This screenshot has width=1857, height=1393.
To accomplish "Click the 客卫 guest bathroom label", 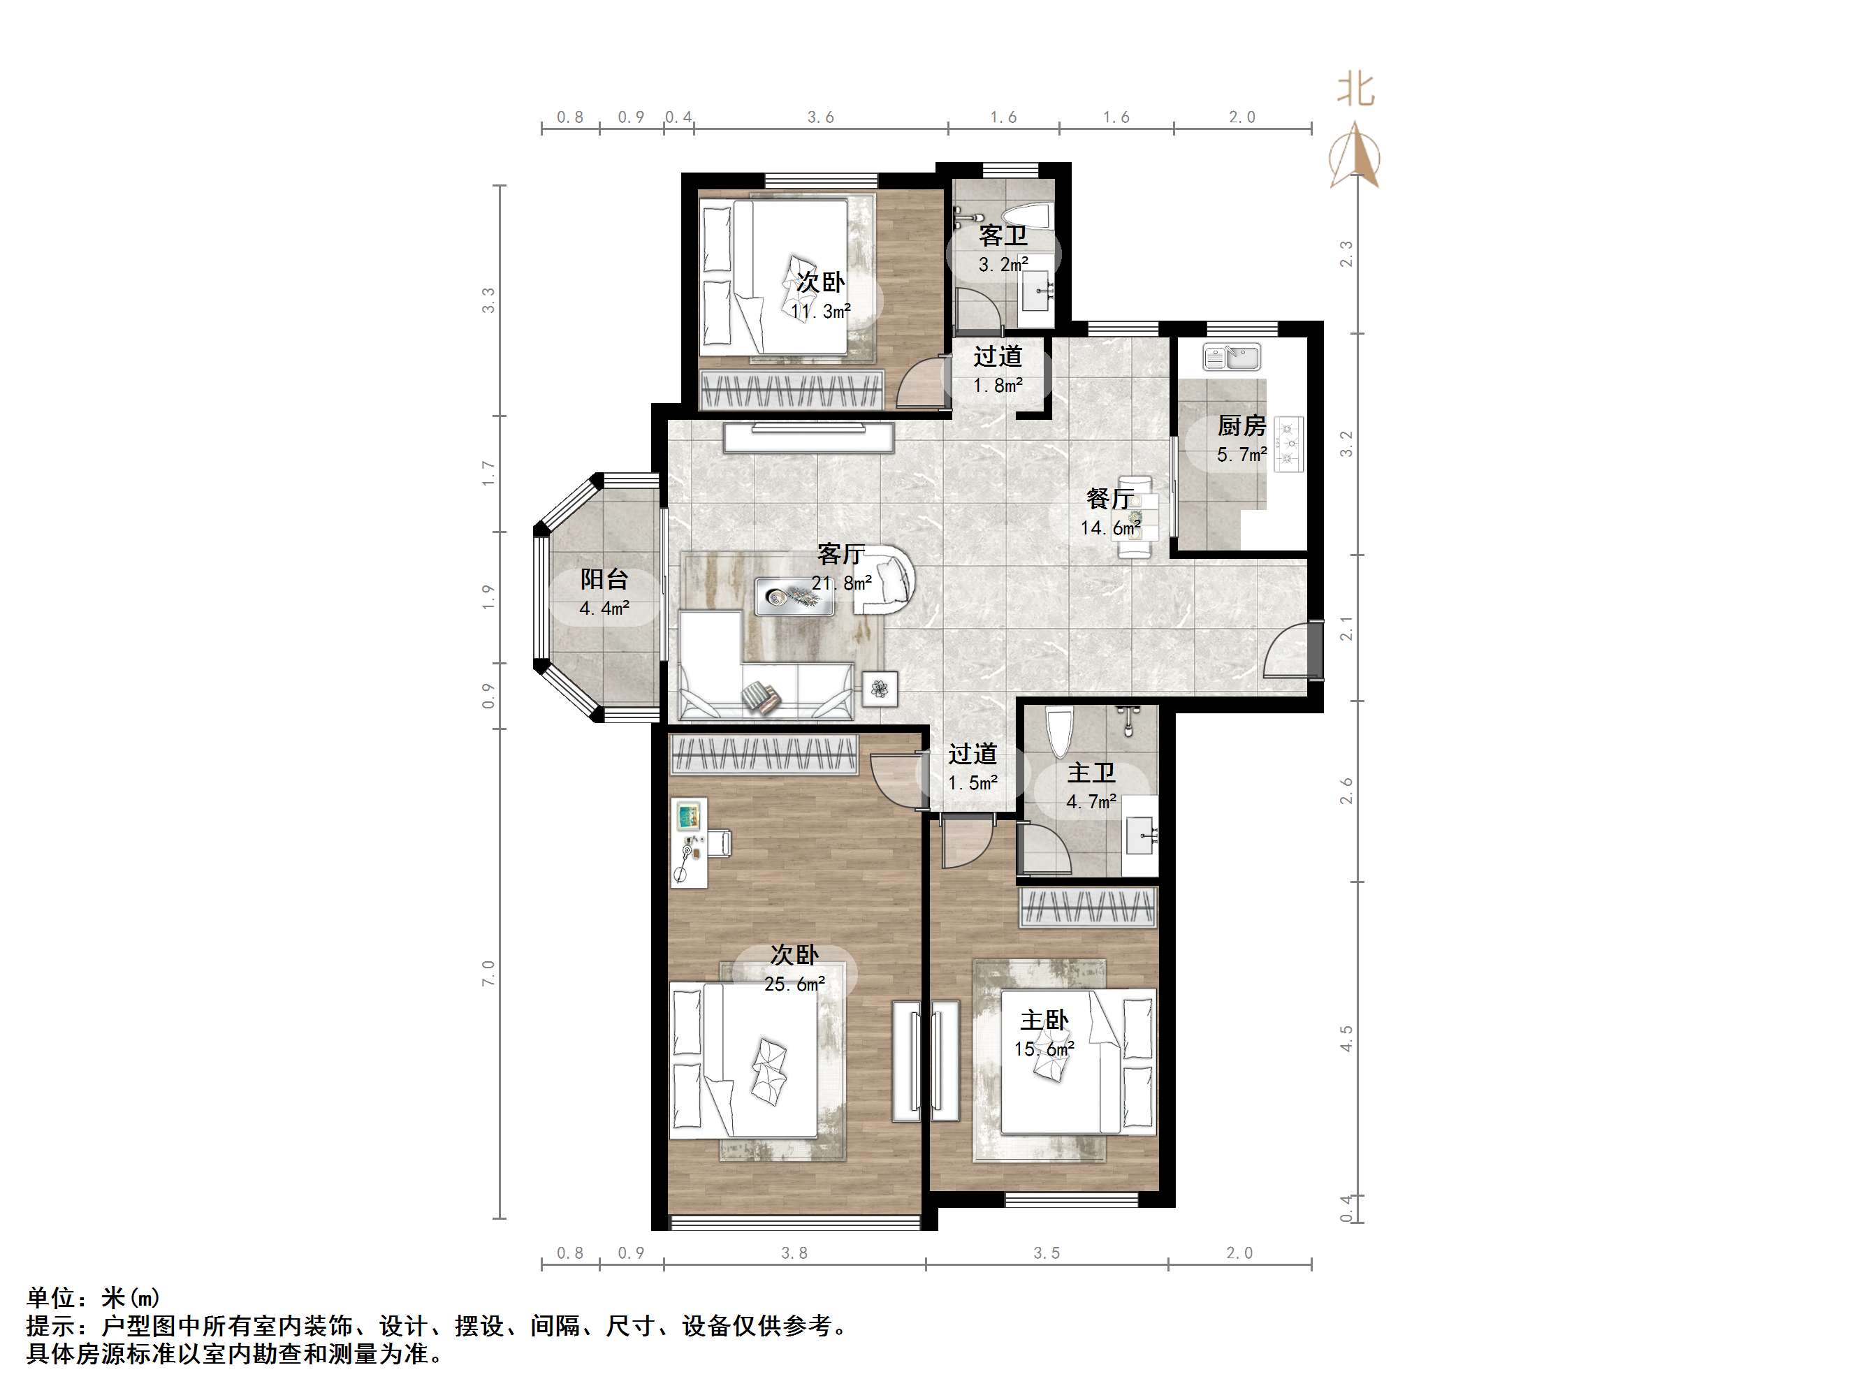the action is [x=1003, y=236].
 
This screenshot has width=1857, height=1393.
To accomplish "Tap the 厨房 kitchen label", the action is [x=1241, y=425].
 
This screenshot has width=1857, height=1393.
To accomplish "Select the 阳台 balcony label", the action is [x=604, y=579].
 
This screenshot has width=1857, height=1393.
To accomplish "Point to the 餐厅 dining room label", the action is [x=1110, y=499].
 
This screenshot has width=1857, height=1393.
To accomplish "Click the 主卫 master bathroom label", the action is [x=1091, y=773].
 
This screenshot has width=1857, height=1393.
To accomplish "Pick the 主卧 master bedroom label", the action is [x=1044, y=1020].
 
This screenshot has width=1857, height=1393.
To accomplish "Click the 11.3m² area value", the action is [x=820, y=312].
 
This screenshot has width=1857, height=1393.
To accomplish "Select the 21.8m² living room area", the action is [x=841, y=583].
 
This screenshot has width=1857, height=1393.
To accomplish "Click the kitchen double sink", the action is [x=1231, y=358].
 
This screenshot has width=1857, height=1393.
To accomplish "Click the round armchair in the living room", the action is [x=885, y=581].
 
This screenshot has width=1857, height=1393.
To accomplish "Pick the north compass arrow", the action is [x=1354, y=155].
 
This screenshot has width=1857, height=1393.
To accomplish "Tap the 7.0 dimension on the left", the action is [x=488, y=974].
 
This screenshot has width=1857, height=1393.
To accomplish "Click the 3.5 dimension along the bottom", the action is [x=1046, y=1253].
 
